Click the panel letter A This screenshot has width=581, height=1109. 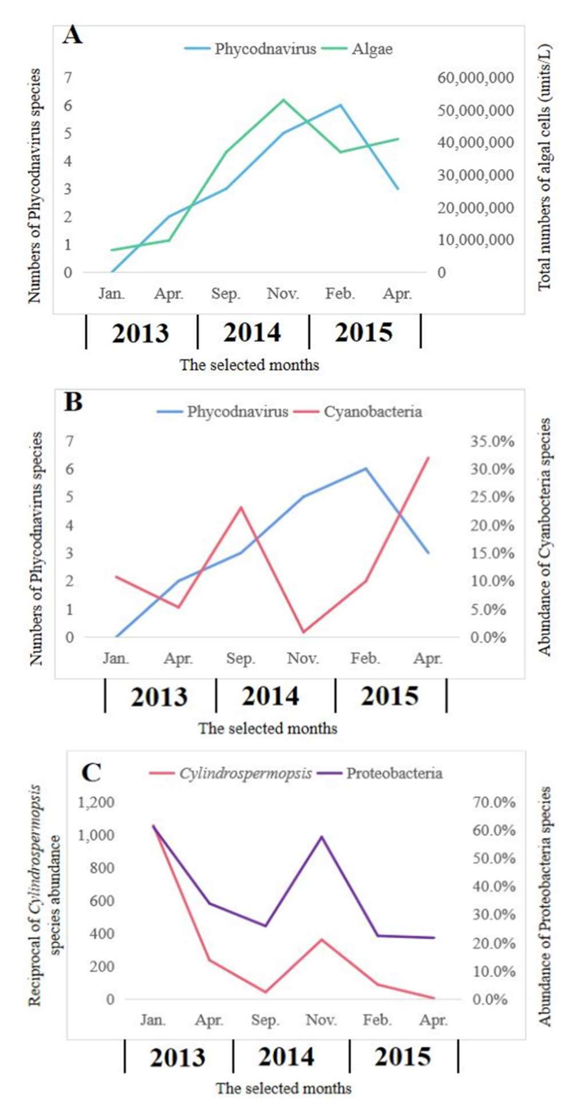(72, 35)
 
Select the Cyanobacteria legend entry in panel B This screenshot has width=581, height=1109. (372, 412)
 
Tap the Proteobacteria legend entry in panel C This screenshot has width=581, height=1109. (394, 774)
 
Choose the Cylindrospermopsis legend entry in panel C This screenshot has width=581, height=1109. (245, 774)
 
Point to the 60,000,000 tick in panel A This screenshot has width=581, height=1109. (475, 78)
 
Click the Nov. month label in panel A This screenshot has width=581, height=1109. (283, 294)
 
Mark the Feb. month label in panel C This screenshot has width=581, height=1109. (377, 1020)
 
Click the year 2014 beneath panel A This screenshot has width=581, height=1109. (252, 333)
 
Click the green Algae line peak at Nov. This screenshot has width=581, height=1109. (283, 100)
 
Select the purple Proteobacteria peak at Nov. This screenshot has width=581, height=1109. (321, 837)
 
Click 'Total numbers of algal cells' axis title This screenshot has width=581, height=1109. (545, 168)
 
